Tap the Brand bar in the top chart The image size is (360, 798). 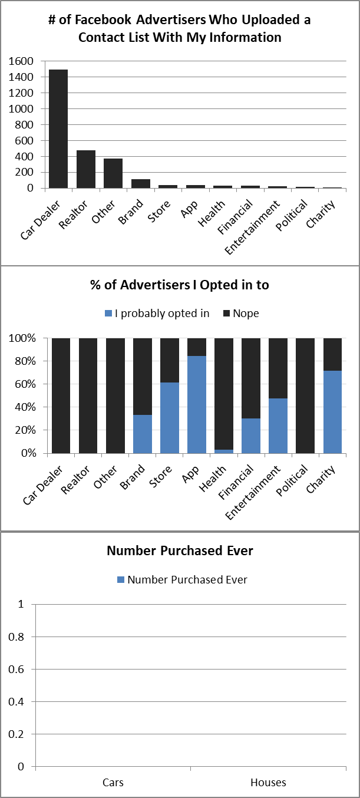pyautogui.click(x=140, y=183)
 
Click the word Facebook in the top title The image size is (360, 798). pyautogui.click(x=104, y=20)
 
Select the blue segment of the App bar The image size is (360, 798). pyautogui.click(x=197, y=404)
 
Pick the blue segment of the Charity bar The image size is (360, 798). pyautogui.click(x=332, y=412)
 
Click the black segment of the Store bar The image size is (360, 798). pyautogui.click(x=170, y=360)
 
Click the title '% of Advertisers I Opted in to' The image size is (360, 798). pyautogui.click(x=180, y=285)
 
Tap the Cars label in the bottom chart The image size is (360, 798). pyautogui.click(x=113, y=783)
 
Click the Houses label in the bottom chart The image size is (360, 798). pyautogui.click(x=268, y=783)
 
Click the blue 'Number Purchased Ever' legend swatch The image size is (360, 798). pyautogui.click(x=122, y=580)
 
